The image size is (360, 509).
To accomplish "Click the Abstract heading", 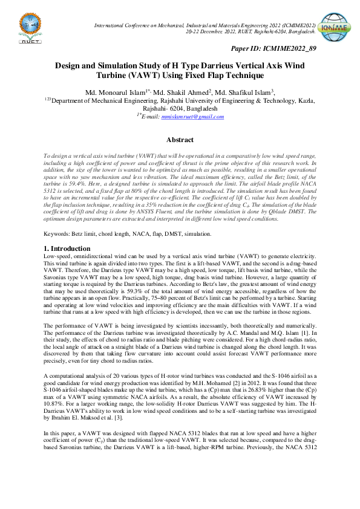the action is click(180, 140).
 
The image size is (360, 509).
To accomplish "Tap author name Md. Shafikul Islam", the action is click(243, 92).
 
